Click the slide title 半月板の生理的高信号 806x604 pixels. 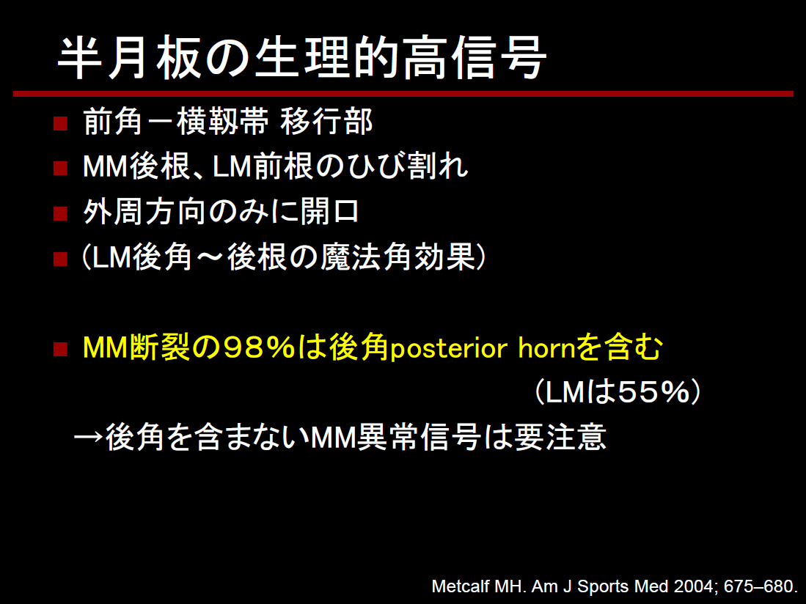[x=301, y=57]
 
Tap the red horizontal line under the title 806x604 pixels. [x=403, y=94]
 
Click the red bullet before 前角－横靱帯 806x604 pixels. [x=61, y=124]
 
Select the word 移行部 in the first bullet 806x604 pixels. [x=326, y=122]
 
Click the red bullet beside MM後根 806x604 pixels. [x=61, y=169]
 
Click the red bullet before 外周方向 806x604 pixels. [x=61, y=213]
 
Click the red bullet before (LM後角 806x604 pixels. [x=61, y=258]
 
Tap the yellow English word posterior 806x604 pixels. [x=450, y=349]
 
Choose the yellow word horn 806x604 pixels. [x=546, y=348]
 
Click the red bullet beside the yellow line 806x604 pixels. [x=61, y=349]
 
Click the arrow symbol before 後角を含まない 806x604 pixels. [x=89, y=438]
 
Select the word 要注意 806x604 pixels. [x=560, y=437]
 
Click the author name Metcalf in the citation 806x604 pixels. [x=461, y=586]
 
